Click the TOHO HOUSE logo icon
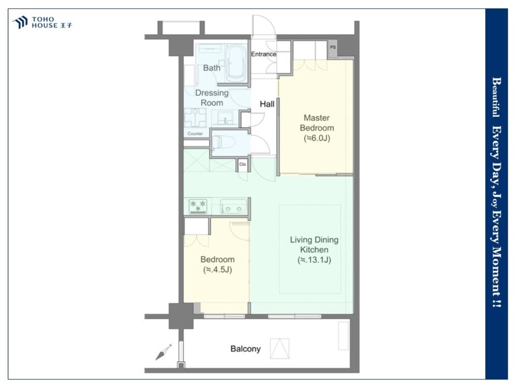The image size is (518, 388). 20,22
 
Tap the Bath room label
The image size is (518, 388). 211,68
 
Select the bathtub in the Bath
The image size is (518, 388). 236,64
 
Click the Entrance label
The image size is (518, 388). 263,54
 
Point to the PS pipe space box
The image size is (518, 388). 333,48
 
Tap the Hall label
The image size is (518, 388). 267,105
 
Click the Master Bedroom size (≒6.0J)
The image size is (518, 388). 317,138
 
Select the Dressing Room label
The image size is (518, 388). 212,98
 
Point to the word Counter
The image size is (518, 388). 195,133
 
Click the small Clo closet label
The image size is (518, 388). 242,165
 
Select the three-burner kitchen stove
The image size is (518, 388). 197,206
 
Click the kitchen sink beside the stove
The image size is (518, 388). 233,206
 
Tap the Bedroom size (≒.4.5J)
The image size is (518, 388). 218,270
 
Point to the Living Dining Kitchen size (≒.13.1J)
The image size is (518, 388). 314,260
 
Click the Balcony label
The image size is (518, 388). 246,349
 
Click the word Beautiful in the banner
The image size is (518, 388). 496,97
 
